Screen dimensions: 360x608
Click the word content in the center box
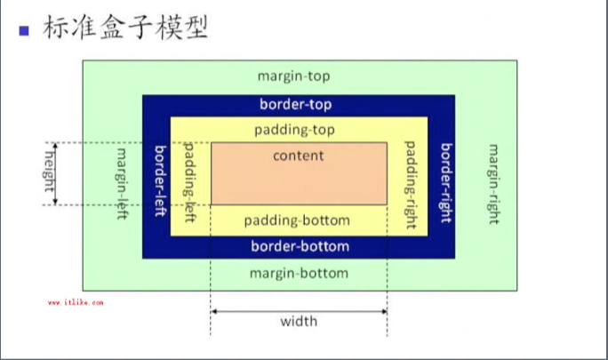tap(299, 156)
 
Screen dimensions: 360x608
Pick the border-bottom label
tap(300, 246)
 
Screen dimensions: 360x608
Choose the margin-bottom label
tap(299, 272)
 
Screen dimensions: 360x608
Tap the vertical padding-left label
tap(188, 180)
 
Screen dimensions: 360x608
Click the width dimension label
tap(298, 321)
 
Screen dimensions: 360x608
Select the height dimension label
tap(50, 174)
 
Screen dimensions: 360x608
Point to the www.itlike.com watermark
tap(75, 302)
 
